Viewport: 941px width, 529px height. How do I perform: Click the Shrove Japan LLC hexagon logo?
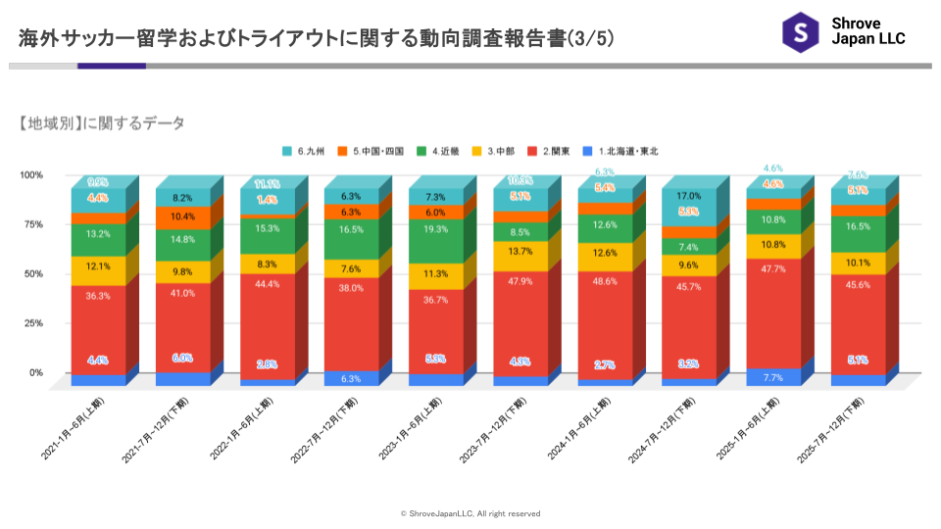click(800, 31)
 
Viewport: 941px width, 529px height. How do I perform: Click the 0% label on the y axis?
click(35, 372)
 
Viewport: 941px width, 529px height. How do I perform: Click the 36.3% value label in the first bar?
click(98, 295)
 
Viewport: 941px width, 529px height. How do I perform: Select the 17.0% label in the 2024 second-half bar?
click(690, 195)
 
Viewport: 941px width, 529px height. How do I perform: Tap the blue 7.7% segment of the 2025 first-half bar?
click(774, 376)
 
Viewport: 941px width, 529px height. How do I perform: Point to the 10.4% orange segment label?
click(182, 216)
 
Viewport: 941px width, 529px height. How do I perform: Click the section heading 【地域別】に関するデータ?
click(101, 123)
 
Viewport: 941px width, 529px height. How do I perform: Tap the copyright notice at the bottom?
click(470, 513)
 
